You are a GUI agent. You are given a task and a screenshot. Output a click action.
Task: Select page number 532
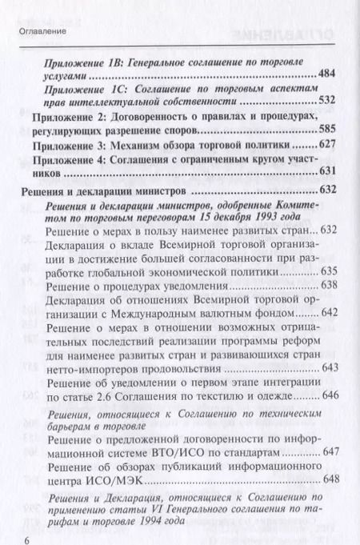[329, 104]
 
